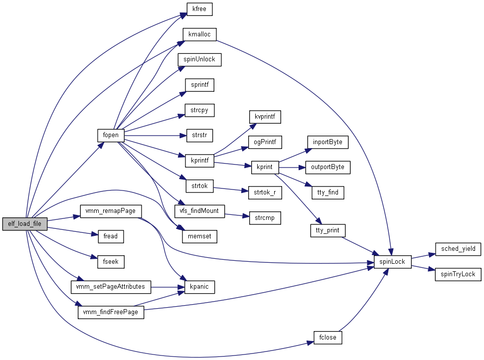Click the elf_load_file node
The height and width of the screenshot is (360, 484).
(x=25, y=224)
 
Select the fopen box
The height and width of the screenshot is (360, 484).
(x=110, y=135)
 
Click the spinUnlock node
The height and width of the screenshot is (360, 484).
(x=199, y=59)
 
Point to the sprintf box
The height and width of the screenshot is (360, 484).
(x=199, y=85)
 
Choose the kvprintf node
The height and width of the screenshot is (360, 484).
(x=265, y=117)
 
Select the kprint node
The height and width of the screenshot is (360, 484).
(x=265, y=167)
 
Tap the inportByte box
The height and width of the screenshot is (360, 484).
(x=327, y=142)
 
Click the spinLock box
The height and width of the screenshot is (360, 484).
(x=392, y=261)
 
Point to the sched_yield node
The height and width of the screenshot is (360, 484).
(x=458, y=248)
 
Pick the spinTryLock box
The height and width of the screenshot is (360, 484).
(x=458, y=274)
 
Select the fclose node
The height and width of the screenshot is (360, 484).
(x=327, y=337)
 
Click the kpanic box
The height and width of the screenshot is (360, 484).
(x=199, y=287)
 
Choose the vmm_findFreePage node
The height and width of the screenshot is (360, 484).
(x=110, y=312)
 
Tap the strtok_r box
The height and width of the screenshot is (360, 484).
(x=265, y=192)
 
